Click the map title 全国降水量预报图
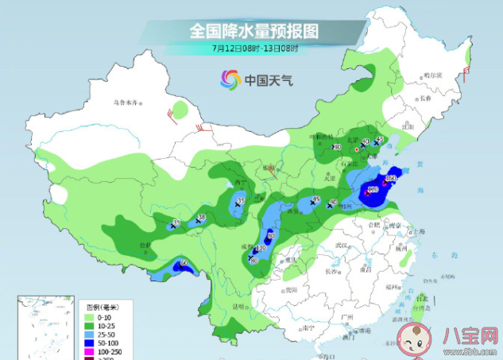(254, 31)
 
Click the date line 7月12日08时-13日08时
(254, 48)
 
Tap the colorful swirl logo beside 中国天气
(230, 79)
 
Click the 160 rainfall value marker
(390, 178)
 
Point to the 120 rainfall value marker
(373, 190)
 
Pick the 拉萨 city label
(122, 246)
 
